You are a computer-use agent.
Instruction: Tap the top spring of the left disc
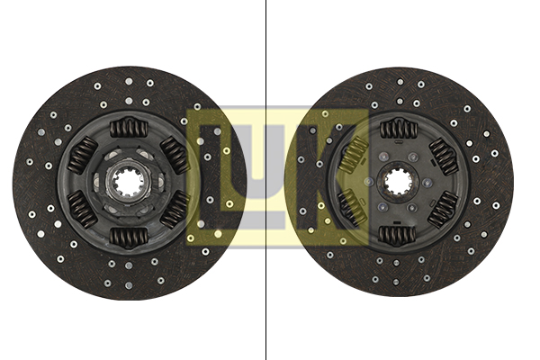(129, 128)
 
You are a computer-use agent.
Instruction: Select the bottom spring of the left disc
(129, 238)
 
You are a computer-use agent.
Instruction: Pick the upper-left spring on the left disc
(82, 155)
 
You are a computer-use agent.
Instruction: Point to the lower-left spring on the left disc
(82, 210)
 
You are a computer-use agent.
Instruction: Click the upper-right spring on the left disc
(175, 155)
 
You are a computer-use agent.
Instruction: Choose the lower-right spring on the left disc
(175, 210)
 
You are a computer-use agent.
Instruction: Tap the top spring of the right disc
(398, 129)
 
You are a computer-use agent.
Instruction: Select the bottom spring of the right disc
(398, 234)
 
